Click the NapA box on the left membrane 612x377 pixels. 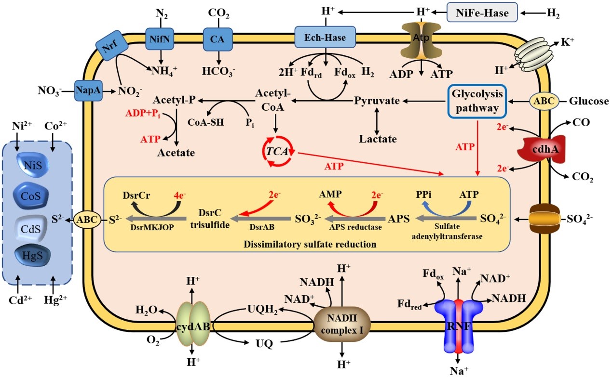tap(88, 90)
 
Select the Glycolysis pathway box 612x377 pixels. tap(477, 101)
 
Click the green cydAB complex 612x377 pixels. tap(193, 326)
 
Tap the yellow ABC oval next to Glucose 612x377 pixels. tap(544, 102)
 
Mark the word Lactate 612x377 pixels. tap(378, 139)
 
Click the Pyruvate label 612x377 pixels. tap(377, 101)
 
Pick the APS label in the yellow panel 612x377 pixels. tap(398, 219)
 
